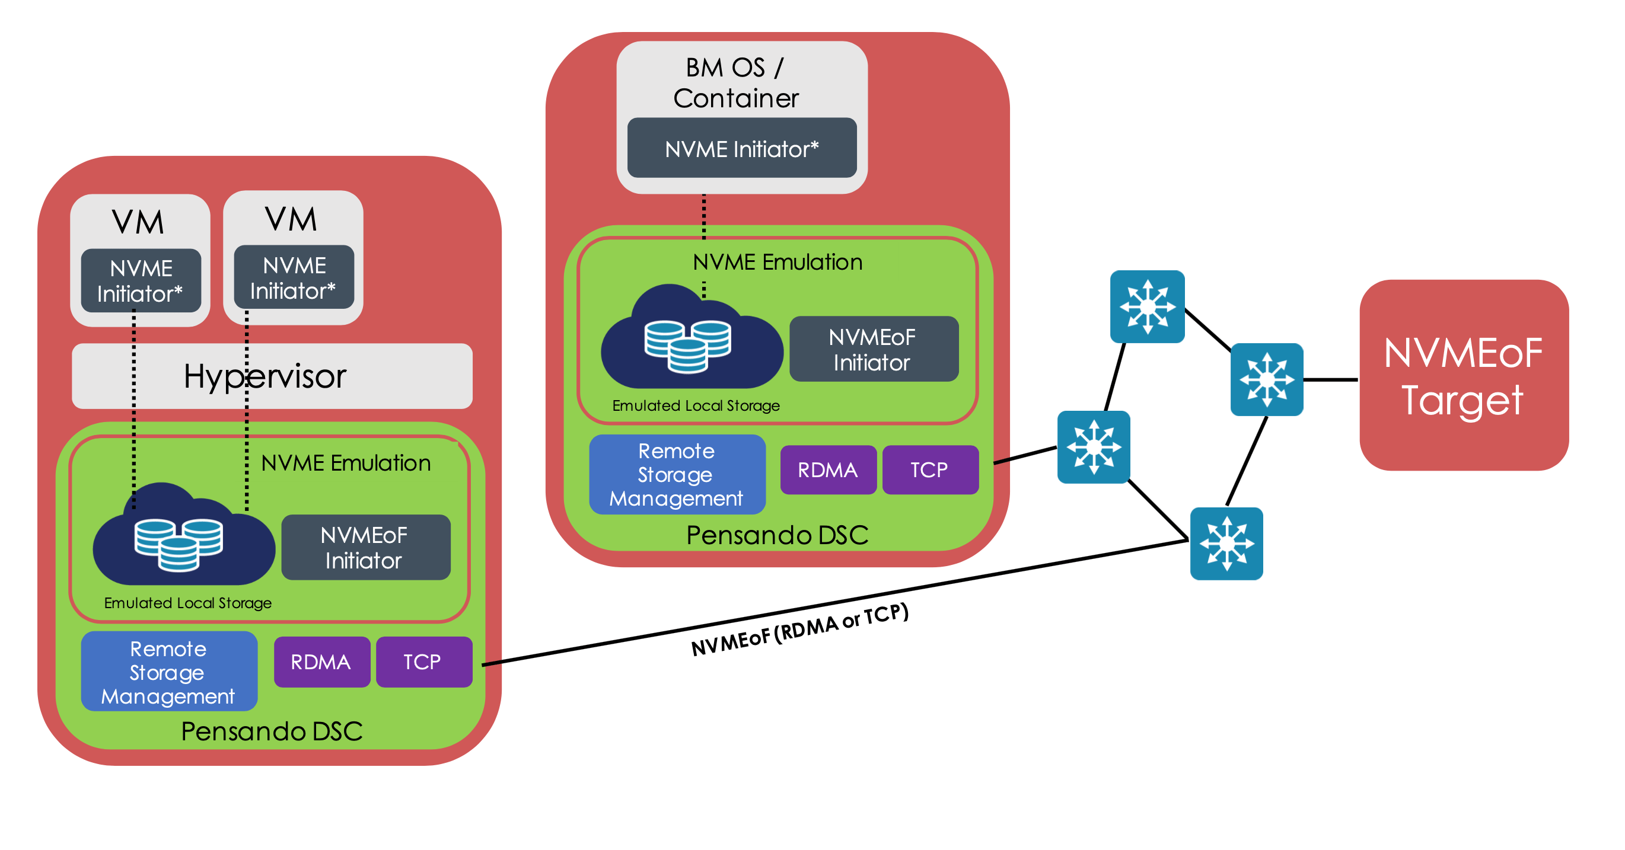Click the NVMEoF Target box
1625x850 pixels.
pyautogui.click(x=1463, y=375)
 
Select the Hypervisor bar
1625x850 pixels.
pyautogui.click(x=272, y=376)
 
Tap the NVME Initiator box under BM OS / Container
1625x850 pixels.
pyautogui.click(x=742, y=148)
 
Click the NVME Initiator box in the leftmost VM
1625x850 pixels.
pyautogui.click(x=141, y=280)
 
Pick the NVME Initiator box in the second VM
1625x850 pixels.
pyautogui.click(x=294, y=277)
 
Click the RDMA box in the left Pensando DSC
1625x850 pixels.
pyautogui.click(x=321, y=662)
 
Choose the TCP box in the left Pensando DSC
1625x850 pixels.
pyautogui.click(x=424, y=662)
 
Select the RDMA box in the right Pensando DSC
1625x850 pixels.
pyautogui.click(x=828, y=470)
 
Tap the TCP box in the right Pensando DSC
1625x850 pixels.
pyautogui.click(x=930, y=470)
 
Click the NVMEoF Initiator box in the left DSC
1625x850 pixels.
pyautogui.click(x=365, y=547)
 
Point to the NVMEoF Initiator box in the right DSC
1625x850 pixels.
pyautogui.click(x=874, y=349)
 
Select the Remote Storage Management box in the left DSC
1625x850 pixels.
pyautogui.click(x=169, y=672)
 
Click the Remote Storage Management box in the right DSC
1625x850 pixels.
pyautogui.click(x=677, y=474)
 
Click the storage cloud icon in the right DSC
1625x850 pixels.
pyautogui.click(x=691, y=340)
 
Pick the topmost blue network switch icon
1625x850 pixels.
pyautogui.click(x=1147, y=306)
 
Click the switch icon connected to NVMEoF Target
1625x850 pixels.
pyautogui.click(x=1267, y=379)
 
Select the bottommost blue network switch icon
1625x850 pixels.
pyautogui.click(x=1226, y=544)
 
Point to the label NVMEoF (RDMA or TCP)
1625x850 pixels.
pyautogui.click(x=800, y=630)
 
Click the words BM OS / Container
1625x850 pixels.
pyautogui.click(x=735, y=82)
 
